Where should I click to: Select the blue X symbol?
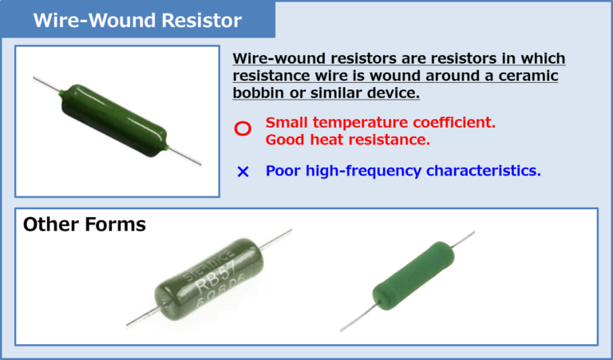243,172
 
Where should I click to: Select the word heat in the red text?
325,140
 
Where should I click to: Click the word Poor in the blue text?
284,171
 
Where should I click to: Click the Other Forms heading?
85,224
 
